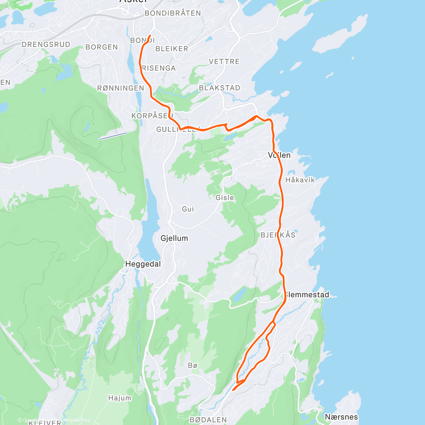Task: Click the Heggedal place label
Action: pyautogui.click(x=143, y=264)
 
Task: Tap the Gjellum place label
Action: pyautogui.click(x=174, y=238)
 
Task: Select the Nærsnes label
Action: pyautogui.click(x=341, y=417)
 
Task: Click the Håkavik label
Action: pyautogui.click(x=300, y=180)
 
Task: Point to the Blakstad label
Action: pyautogui.click(x=220, y=88)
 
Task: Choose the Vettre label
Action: pyautogui.click(x=224, y=62)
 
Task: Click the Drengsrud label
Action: pyautogui.click(x=46, y=45)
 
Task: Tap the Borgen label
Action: pyautogui.click(x=102, y=47)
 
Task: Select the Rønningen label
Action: pyautogui.click(x=121, y=88)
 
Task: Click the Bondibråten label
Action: pyautogui.click(x=173, y=13)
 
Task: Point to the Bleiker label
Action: pyautogui.click(x=172, y=49)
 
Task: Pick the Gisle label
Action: pyautogui.click(x=225, y=198)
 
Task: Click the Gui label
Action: pyautogui.click(x=188, y=209)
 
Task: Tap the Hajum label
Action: pyautogui.click(x=120, y=398)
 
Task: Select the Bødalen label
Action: pyautogui.click(x=208, y=420)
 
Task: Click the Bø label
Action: pyautogui.click(x=193, y=365)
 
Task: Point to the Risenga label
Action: pyautogui.click(x=159, y=68)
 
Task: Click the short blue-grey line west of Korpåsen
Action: pyautogui.click(x=113, y=136)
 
